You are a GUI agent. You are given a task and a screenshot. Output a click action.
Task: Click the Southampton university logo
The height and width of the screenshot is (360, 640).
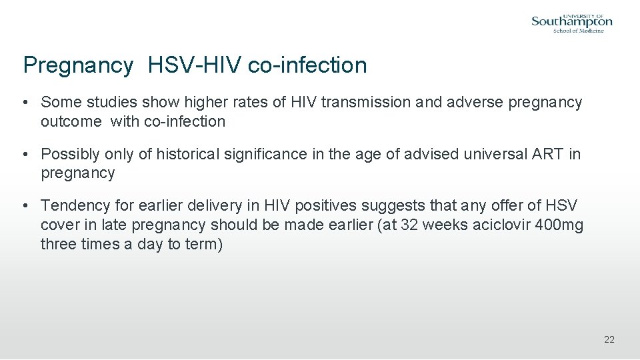tap(571, 22)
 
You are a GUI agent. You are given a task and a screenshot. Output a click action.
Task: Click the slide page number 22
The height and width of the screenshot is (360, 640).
tap(609, 340)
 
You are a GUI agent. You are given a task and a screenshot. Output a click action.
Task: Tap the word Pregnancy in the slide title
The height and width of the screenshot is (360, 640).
tap(78, 65)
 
